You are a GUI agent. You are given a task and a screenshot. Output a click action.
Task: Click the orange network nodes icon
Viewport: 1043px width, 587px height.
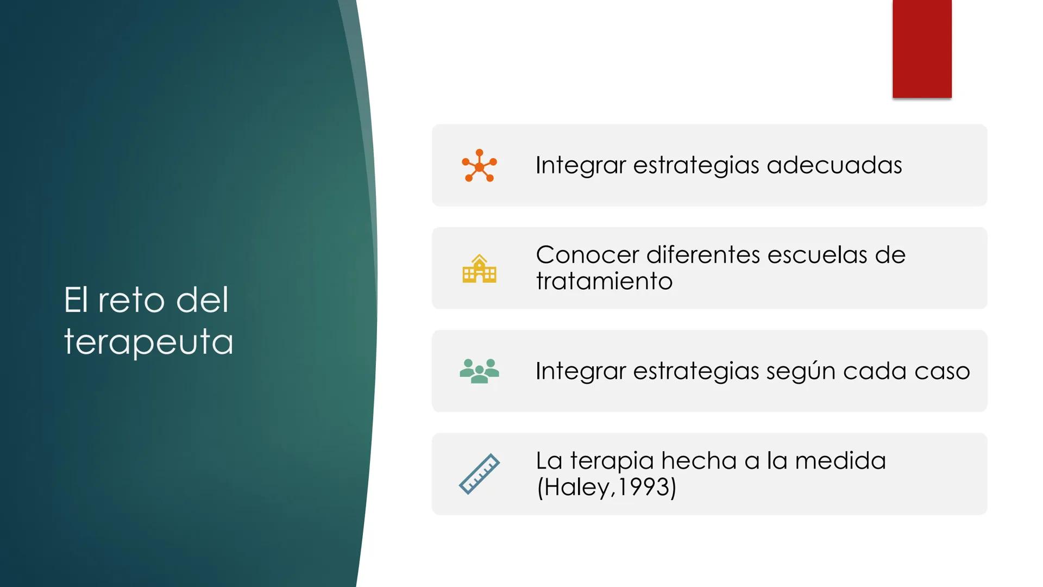click(x=479, y=165)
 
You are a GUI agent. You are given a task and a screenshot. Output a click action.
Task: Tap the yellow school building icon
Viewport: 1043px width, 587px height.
click(x=479, y=268)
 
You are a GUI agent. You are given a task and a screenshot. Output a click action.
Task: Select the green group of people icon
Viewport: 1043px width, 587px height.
click(x=479, y=371)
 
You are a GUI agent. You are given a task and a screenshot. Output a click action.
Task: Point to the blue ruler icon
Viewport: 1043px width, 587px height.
click(x=479, y=474)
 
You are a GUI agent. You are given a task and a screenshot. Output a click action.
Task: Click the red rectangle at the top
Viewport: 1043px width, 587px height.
click(x=922, y=49)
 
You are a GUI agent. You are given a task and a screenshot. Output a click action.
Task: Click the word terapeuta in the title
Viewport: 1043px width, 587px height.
click(x=148, y=342)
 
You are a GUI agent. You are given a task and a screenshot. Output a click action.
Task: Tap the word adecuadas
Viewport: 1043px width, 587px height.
click(x=834, y=165)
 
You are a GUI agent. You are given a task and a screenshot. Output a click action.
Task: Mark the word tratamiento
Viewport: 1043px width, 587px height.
click(x=604, y=282)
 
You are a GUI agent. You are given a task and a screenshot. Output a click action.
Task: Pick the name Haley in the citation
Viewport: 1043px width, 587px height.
click(x=576, y=488)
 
